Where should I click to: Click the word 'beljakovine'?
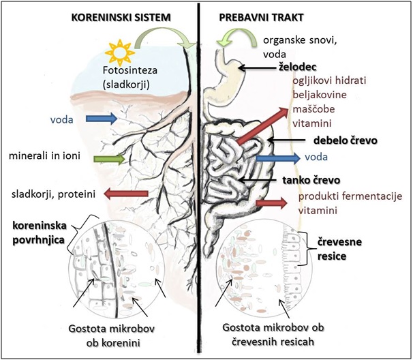click(310, 95)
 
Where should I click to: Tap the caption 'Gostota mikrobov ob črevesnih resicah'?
click(271, 333)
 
